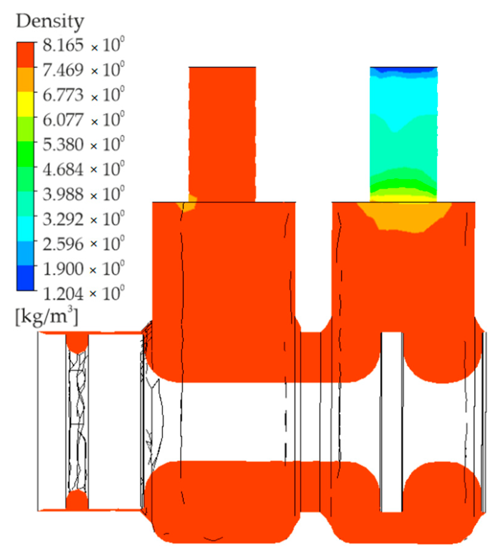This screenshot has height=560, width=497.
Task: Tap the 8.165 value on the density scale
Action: tap(63, 45)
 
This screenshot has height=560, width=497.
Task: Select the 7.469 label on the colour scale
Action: tap(63, 70)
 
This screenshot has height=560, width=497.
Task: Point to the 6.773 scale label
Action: tap(63, 95)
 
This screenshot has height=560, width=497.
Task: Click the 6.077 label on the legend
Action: tap(63, 120)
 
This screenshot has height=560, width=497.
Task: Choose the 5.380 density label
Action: tap(63, 144)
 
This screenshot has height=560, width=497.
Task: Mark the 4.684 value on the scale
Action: tap(63, 169)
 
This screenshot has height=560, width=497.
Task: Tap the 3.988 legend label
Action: tap(63, 194)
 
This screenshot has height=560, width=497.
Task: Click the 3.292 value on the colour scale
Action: tap(63, 219)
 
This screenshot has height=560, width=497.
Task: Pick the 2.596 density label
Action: tap(63, 244)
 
